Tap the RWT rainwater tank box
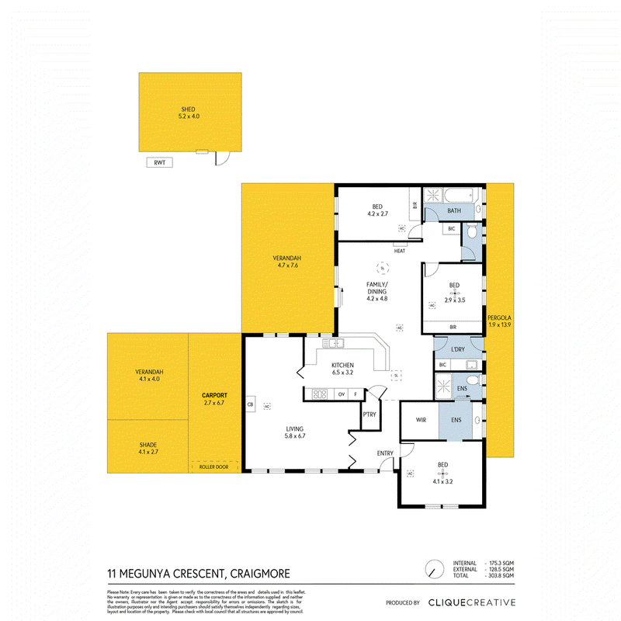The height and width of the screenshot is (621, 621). tap(161, 163)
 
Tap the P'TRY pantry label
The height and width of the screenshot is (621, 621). tap(369, 415)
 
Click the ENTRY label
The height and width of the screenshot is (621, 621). tap(385, 453)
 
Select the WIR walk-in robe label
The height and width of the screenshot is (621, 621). tap(421, 420)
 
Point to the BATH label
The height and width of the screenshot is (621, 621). tap(454, 210)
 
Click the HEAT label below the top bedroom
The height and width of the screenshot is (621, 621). tap(400, 251)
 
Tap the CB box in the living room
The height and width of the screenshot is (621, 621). tap(250, 404)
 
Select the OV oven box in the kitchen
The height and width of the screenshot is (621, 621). tap(341, 394)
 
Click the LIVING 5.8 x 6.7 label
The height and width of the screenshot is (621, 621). tap(294, 432)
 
